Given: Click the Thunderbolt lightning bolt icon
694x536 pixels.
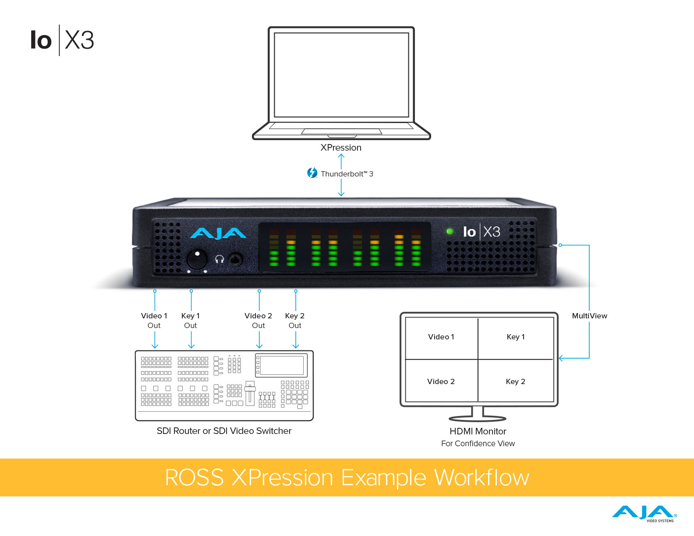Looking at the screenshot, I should [x=312, y=173].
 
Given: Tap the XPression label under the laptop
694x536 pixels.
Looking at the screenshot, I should [x=341, y=148].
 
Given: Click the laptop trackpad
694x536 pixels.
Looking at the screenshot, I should [x=341, y=131].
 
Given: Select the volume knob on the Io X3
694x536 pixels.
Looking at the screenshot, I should [x=197, y=259].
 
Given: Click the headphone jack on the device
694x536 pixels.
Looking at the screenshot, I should [x=236, y=259].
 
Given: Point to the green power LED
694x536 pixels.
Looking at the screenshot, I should [x=450, y=231].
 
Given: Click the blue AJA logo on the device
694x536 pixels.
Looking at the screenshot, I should [x=218, y=233].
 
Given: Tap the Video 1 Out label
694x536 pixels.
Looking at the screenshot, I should [x=154, y=321].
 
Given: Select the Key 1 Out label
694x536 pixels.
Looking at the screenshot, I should [x=191, y=321].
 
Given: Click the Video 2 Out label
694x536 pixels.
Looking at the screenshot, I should [x=258, y=321].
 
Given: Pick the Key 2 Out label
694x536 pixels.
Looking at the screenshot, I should [x=295, y=321].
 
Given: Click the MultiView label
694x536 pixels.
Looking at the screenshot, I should [x=589, y=316].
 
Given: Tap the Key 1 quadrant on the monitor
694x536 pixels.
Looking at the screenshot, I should [x=516, y=337].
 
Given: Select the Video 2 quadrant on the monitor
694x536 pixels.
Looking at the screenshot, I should [x=441, y=381].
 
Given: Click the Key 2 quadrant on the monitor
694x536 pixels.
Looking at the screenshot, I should [x=516, y=381].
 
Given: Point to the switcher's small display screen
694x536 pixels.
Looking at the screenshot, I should [x=282, y=365].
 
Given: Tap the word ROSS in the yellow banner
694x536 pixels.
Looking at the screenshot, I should [x=195, y=477].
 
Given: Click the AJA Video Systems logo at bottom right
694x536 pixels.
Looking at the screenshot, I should [x=644, y=513].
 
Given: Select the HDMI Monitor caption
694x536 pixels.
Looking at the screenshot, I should [x=478, y=431].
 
